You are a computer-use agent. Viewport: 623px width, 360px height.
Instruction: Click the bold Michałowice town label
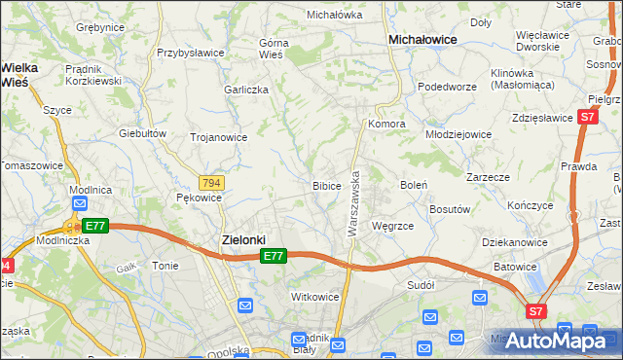(x=423, y=39)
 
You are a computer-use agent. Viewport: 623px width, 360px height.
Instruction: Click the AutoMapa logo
(x=557, y=341)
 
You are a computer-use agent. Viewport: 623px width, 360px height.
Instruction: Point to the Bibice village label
(x=326, y=185)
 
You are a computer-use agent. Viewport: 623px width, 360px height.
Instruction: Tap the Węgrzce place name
(x=393, y=226)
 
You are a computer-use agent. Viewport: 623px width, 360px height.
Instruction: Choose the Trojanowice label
(x=218, y=137)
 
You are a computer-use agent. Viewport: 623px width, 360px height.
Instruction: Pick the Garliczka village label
(x=245, y=89)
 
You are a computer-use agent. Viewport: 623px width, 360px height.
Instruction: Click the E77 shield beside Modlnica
(x=93, y=226)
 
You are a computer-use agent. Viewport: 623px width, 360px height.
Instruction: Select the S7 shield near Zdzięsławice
(x=586, y=117)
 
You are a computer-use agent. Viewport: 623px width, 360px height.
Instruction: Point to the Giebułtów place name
(x=138, y=132)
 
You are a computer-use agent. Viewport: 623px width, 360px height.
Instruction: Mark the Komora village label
(x=386, y=125)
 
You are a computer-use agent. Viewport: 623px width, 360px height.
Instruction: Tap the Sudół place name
(x=421, y=286)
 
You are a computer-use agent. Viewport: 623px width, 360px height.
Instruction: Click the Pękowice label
(x=199, y=198)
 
